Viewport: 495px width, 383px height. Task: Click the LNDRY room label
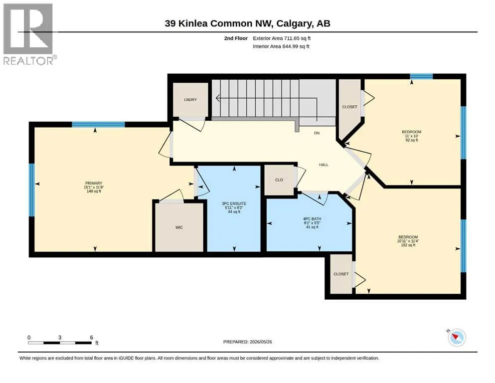coord(190,100)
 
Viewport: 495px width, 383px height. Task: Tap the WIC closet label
coord(179,227)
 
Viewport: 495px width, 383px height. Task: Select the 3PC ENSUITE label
coord(234,203)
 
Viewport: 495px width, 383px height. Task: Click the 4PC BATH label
coord(312,219)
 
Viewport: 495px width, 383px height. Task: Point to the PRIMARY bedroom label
coord(94,183)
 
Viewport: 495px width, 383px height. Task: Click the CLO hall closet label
coord(279,180)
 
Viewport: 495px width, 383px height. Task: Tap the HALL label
coord(324,165)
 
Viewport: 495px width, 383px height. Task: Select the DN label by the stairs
coord(317,133)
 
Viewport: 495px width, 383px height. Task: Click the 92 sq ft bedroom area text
coord(412,140)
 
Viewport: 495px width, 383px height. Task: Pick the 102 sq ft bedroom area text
coord(408,245)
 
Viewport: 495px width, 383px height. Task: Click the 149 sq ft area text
coord(94,191)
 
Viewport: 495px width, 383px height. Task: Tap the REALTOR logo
coord(29,34)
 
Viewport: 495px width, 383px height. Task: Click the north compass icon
coord(456,337)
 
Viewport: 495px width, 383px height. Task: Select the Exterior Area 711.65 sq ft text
coord(282,38)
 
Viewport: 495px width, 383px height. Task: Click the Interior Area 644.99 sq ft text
coord(281,46)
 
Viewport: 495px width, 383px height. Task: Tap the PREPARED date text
coord(247,342)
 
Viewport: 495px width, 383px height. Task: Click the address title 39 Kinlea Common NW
coord(219,23)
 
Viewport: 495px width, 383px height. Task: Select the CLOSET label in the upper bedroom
coord(350,107)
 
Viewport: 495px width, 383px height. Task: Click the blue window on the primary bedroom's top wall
coord(98,124)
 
